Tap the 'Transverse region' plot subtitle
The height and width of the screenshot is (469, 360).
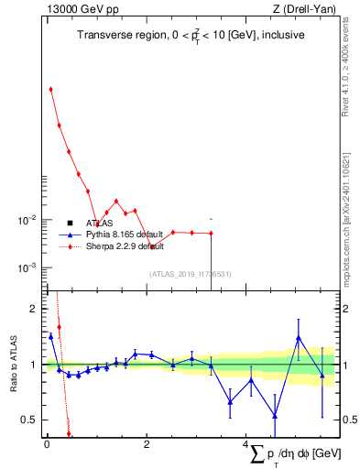[191, 35]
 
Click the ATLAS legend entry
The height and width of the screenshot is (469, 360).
[99, 223]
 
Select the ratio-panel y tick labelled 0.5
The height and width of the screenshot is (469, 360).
[28, 420]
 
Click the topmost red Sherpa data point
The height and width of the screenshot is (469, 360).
[50, 89]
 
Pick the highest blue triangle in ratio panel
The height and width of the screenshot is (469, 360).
[299, 338]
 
